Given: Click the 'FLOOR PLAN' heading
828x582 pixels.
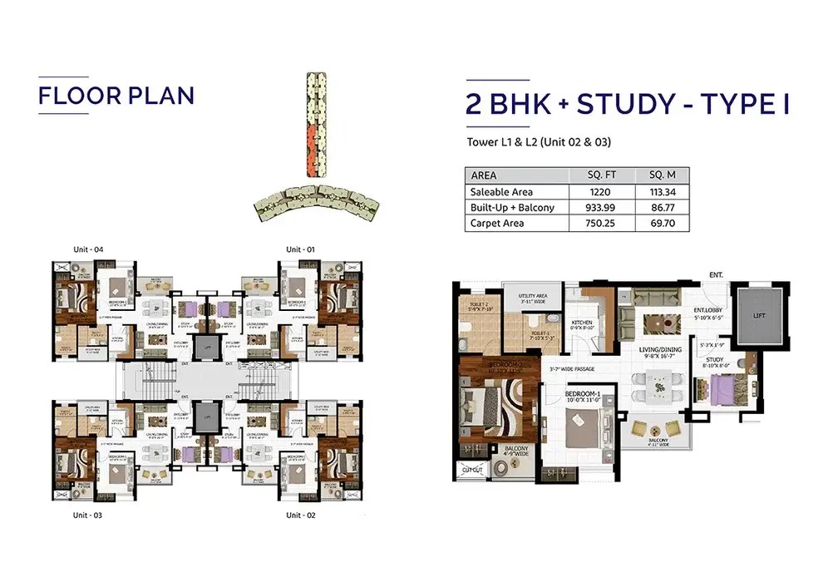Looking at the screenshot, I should click(x=116, y=95).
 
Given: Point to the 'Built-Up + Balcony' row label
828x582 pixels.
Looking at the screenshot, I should click(x=512, y=208).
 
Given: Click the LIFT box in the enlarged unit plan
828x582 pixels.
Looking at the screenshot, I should click(x=756, y=316).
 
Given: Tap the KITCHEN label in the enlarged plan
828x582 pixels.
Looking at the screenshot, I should click(x=582, y=324).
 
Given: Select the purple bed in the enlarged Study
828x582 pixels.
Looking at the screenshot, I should click(x=720, y=387).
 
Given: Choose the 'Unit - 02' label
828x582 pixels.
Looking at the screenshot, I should click(x=301, y=515).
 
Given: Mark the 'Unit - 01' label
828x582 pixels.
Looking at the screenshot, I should click(x=301, y=249).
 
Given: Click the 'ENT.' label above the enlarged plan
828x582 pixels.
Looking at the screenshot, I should click(x=716, y=274).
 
